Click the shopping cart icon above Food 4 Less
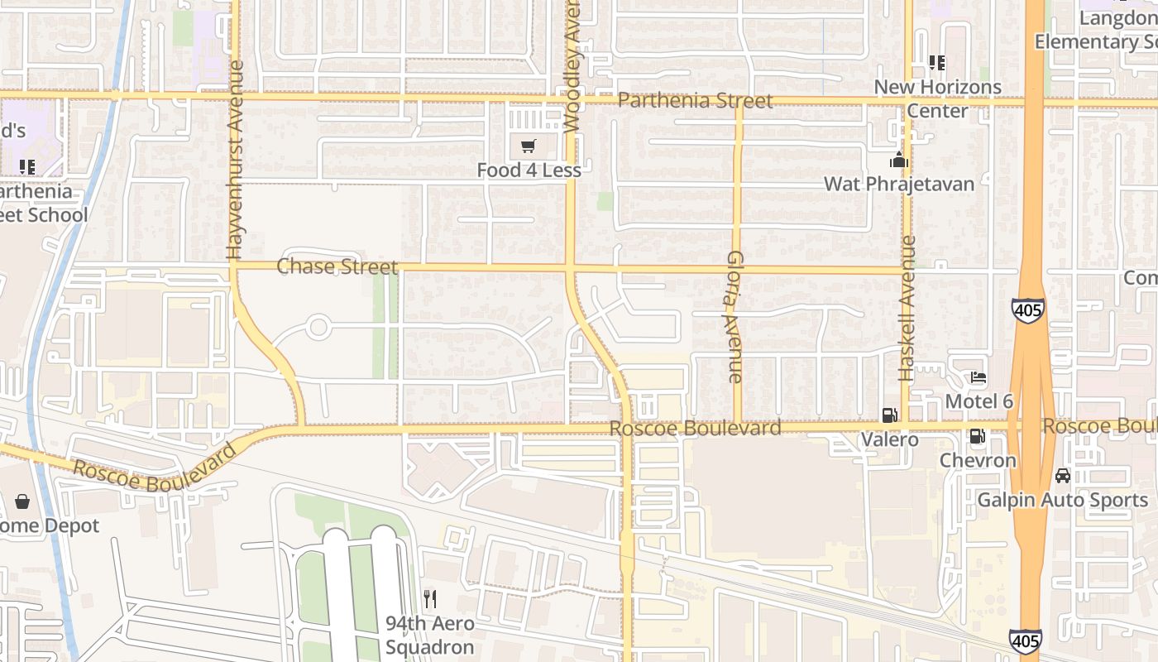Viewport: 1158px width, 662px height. click(x=528, y=147)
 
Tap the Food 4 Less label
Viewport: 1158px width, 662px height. click(x=529, y=170)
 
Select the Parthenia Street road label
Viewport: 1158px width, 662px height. click(x=696, y=101)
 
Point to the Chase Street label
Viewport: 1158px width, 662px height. click(x=337, y=266)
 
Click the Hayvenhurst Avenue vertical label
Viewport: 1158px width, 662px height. click(x=235, y=160)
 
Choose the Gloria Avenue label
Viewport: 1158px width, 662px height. click(x=734, y=317)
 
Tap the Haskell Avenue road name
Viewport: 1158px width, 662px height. click(x=908, y=309)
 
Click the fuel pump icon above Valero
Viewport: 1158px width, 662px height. click(x=889, y=415)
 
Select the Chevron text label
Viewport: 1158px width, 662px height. click(x=978, y=461)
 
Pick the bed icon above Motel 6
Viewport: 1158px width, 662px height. click(x=978, y=378)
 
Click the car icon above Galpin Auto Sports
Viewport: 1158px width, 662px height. click(x=1063, y=476)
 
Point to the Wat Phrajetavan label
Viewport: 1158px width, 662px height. click(x=899, y=184)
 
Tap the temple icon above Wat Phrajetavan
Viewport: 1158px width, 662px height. click(x=899, y=161)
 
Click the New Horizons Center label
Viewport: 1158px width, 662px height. click(x=937, y=98)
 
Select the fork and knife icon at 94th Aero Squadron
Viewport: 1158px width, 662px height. click(x=429, y=598)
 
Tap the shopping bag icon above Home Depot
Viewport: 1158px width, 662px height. click(x=22, y=501)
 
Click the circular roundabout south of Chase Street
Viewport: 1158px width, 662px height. click(x=318, y=327)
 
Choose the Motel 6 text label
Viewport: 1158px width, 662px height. click(x=979, y=401)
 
